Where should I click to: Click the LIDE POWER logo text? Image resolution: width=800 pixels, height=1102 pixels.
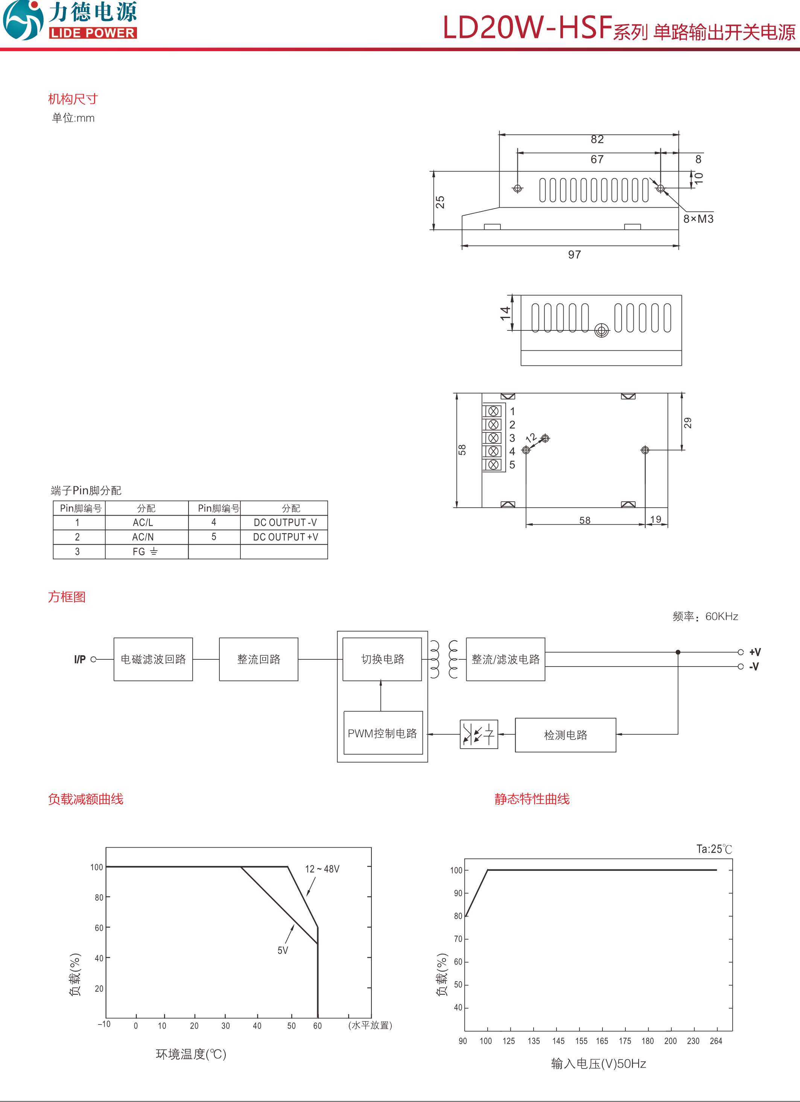pyautogui.click(x=92, y=33)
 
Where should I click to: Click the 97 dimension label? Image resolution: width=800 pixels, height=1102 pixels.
pyautogui.click(x=574, y=254)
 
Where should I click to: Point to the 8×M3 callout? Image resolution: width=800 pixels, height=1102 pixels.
pyautogui.click(x=698, y=219)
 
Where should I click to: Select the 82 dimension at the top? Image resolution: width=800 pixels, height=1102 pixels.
pyautogui.click(x=597, y=140)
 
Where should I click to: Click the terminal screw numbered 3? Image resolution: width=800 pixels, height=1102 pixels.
pyautogui.click(x=493, y=438)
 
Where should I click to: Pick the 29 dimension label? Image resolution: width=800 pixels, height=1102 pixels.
pyautogui.click(x=687, y=423)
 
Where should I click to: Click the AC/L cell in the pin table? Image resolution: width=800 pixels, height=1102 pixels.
pyautogui.click(x=143, y=522)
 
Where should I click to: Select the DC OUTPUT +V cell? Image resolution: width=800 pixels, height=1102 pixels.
pyautogui.click(x=285, y=537)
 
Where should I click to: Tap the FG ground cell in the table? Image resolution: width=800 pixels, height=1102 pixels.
pyautogui.click(x=145, y=551)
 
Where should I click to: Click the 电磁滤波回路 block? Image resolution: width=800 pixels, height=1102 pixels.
pyautogui.click(x=153, y=659)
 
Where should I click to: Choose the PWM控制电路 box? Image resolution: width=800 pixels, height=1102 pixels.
pyautogui.click(x=383, y=733)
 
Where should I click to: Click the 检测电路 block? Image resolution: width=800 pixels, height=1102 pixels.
pyautogui.click(x=566, y=735)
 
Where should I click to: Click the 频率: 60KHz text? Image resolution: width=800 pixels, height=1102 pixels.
pyautogui.click(x=705, y=616)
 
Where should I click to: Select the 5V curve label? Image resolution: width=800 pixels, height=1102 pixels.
pyautogui.click(x=283, y=950)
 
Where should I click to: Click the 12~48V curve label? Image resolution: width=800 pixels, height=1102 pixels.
pyautogui.click(x=322, y=869)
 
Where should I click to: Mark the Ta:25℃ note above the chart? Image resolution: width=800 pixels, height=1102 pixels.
pyautogui.click(x=713, y=849)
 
